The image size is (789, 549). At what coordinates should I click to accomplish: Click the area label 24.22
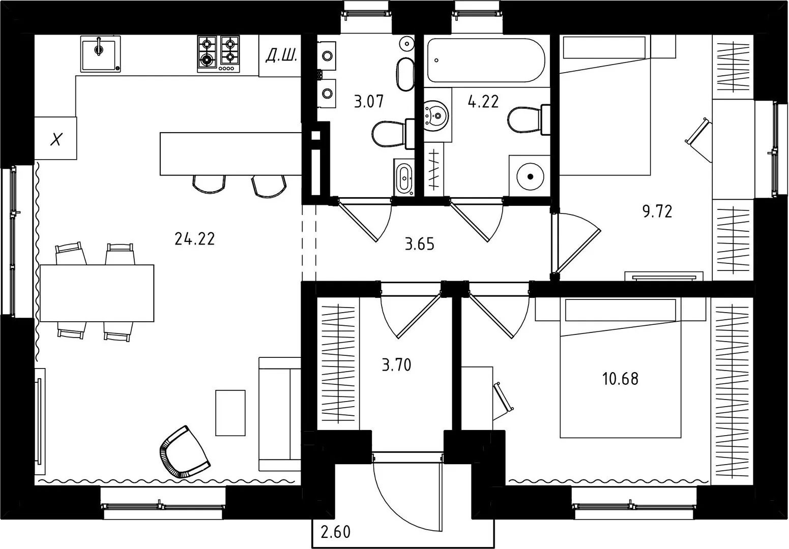click(194, 239)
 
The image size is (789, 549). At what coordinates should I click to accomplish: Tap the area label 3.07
click(369, 101)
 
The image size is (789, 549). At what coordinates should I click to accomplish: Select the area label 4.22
click(483, 102)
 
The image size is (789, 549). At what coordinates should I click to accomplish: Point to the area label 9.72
click(657, 211)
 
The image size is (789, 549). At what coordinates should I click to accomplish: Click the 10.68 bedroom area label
click(620, 379)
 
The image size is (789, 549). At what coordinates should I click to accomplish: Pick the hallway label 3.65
click(420, 244)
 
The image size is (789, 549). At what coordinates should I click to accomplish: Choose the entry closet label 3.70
click(397, 365)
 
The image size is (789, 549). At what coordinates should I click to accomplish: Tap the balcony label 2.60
click(336, 532)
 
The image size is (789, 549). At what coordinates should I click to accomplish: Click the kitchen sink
click(100, 54)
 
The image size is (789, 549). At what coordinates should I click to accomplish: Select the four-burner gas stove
click(218, 54)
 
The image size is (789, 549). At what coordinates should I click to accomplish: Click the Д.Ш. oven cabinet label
click(281, 55)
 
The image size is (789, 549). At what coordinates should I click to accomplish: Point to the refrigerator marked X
click(55, 138)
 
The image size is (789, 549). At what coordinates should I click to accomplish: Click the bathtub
click(486, 60)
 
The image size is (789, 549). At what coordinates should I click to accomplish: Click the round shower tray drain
click(530, 176)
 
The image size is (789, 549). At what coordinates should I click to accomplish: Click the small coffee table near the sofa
click(230, 413)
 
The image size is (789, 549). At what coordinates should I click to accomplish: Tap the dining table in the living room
click(97, 293)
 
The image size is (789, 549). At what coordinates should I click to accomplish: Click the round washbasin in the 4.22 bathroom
click(436, 116)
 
